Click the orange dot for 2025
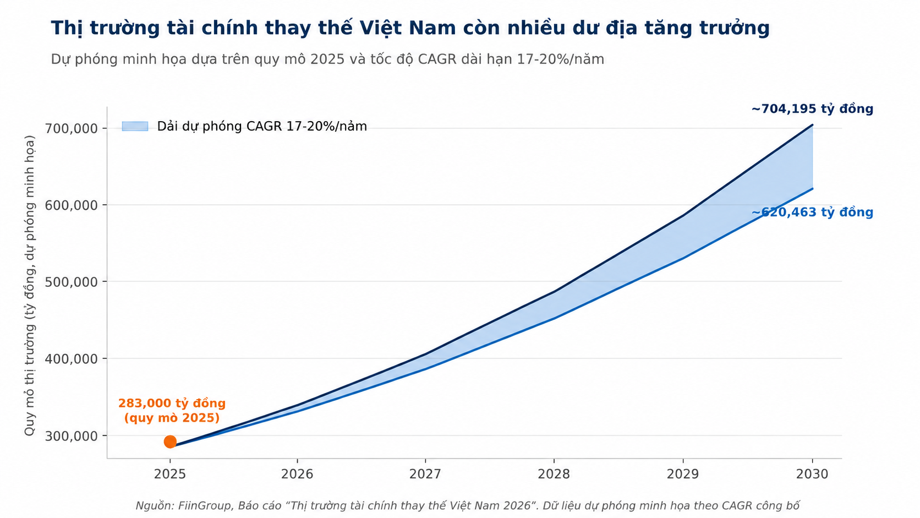170,441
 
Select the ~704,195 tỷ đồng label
812,109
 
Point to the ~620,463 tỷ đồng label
812,212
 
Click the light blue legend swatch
135,126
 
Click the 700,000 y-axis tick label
72,129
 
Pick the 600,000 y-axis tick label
72,205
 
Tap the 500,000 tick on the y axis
72,282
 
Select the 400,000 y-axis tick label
72,359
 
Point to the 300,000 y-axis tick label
72,436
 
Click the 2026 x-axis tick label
297,475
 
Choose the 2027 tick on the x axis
425,475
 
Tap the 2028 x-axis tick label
554,475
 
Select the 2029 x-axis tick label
683,475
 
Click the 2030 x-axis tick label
812,475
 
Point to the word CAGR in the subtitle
437,59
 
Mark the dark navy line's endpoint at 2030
812,125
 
